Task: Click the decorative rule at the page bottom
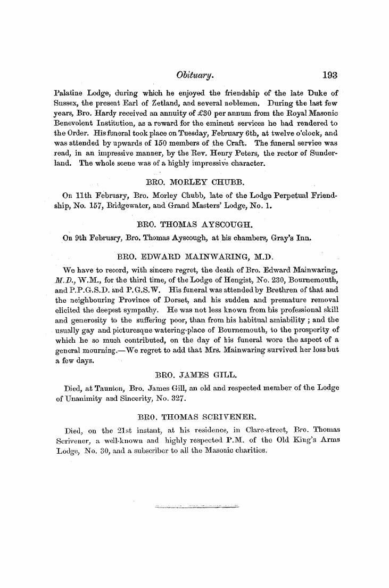click(x=196, y=505)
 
